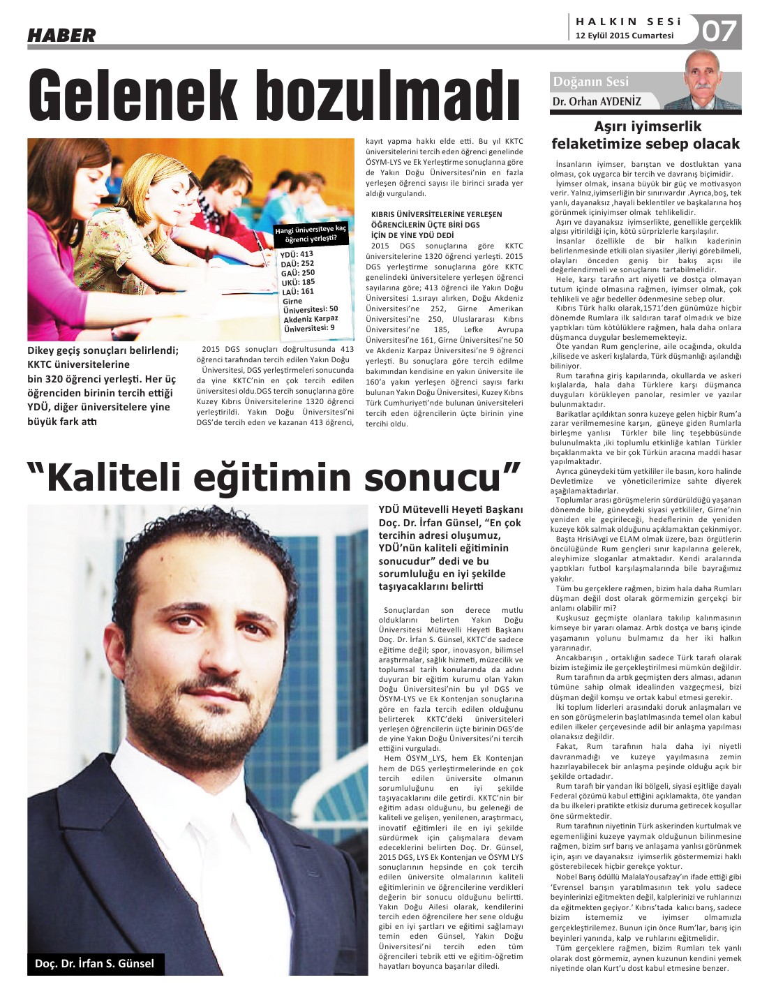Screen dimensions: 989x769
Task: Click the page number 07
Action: [719, 31]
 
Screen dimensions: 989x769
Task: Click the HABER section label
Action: [61, 35]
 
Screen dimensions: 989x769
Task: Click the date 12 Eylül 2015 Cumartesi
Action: [625, 36]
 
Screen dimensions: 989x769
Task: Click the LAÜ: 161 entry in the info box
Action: [297, 291]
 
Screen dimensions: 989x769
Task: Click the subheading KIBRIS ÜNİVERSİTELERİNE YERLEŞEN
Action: [436, 214]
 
